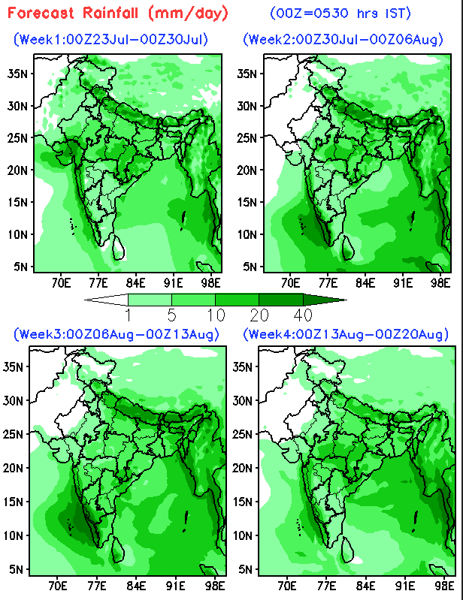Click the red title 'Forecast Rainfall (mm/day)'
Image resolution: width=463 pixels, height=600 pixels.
pyautogui.click(x=117, y=14)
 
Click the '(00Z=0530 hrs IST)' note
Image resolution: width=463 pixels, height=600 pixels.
pyautogui.click(x=340, y=14)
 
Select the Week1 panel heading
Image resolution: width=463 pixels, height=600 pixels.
pyautogui.click(x=111, y=39)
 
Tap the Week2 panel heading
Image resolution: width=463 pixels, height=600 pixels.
pyautogui.click(x=343, y=39)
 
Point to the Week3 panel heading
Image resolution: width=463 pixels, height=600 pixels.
pyautogui.click(x=117, y=334)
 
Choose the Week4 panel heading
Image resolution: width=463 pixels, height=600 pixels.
pyautogui.click(x=346, y=334)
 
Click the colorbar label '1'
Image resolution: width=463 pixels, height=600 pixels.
pyautogui.click(x=129, y=315)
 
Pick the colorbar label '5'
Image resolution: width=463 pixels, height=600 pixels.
pyautogui.click(x=172, y=315)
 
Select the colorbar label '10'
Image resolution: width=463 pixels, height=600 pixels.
pyautogui.click(x=216, y=315)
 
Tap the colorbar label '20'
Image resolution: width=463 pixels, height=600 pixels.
pyautogui.click(x=259, y=315)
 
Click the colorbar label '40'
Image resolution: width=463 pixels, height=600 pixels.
pyautogui.click(x=303, y=315)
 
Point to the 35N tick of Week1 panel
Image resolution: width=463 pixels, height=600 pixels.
pyautogui.click(x=17, y=74)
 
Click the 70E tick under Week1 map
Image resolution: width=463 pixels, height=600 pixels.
pyautogui.click(x=61, y=284)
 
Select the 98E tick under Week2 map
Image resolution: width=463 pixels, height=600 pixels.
pyautogui.click(x=440, y=284)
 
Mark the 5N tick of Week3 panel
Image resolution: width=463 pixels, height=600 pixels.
pyautogui.click(x=16, y=569)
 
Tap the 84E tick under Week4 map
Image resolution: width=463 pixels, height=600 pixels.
pyautogui.click(x=366, y=586)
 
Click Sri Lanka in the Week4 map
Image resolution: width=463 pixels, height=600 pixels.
pyautogui.click(x=347, y=550)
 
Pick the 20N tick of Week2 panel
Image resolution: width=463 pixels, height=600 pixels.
pyautogui.click(x=247, y=170)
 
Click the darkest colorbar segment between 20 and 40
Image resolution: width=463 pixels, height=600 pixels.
pyautogui.click(x=281, y=300)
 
